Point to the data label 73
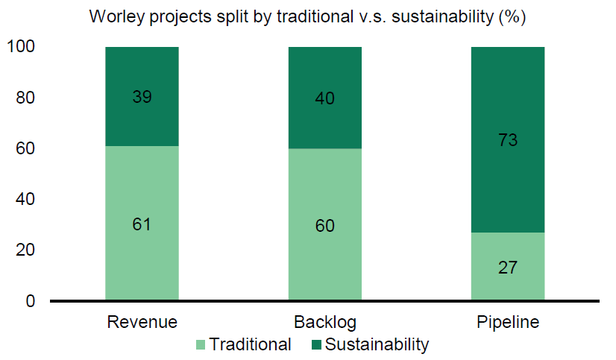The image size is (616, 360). (x=509, y=139)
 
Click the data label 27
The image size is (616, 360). (x=509, y=267)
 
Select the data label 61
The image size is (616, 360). (x=142, y=224)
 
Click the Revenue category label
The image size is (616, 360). (x=142, y=323)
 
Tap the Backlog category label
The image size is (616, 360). (x=325, y=323)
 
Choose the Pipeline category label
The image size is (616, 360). (x=508, y=323)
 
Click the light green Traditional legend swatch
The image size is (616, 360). (x=199, y=345)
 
